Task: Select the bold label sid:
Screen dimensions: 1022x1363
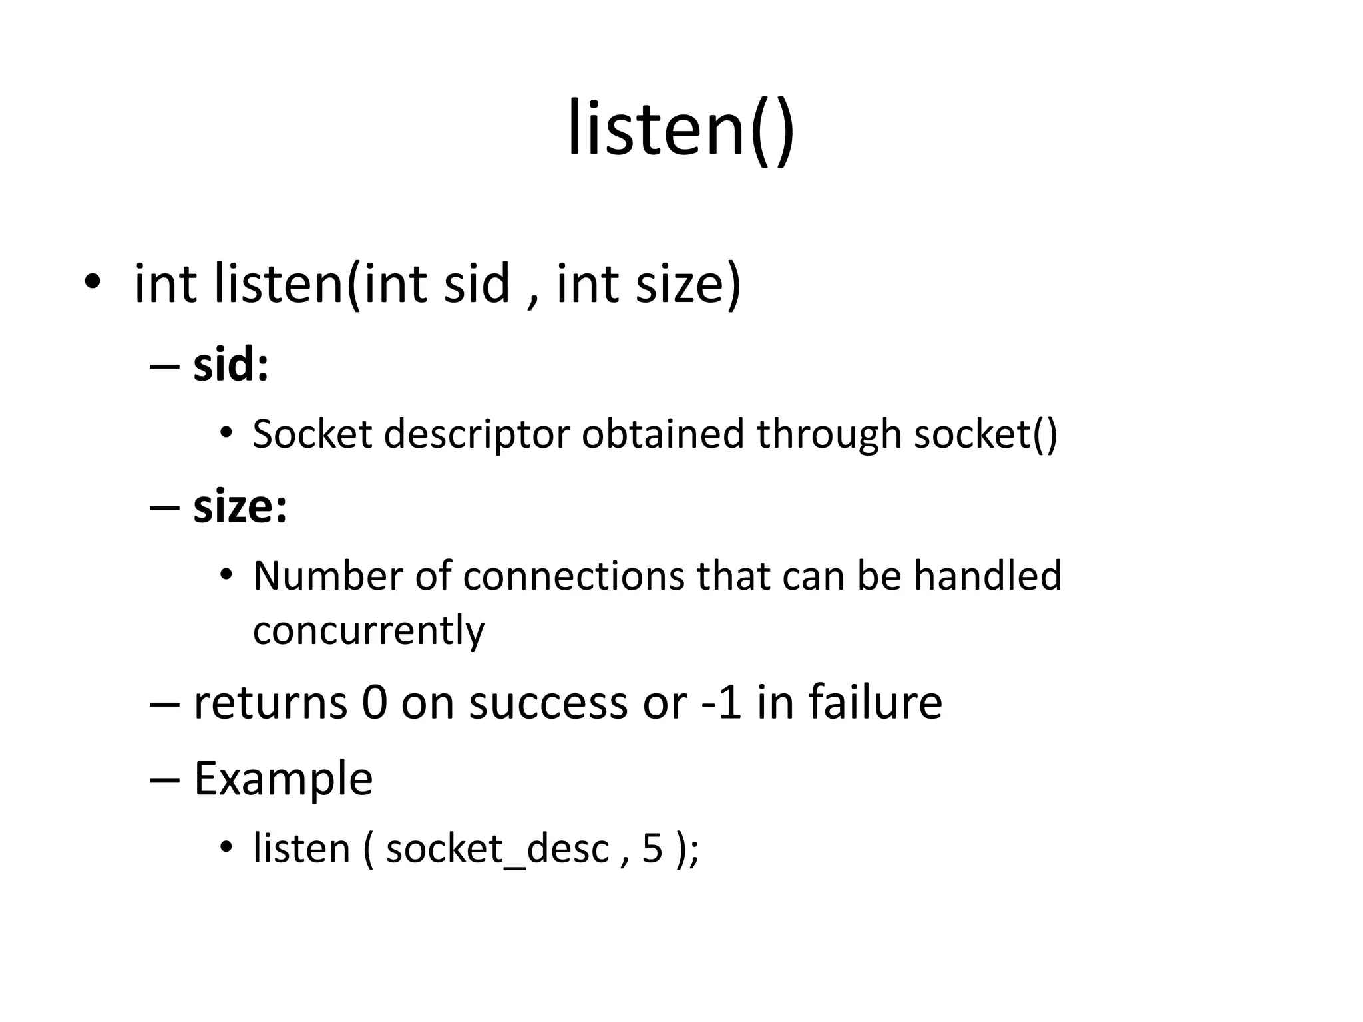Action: pos(230,365)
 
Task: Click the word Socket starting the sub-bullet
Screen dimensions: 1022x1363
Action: pos(312,434)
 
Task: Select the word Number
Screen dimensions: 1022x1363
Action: pos(327,576)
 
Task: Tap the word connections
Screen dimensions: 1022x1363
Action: pos(573,576)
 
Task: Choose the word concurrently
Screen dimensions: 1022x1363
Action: pos(369,630)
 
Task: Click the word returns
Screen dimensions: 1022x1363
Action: pos(270,703)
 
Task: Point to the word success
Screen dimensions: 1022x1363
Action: pos(548,703)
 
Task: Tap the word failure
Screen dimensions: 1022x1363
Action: pos(875,703)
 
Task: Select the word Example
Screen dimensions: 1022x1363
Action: pos(283,779)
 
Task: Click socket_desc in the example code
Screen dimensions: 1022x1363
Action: pos(497,850)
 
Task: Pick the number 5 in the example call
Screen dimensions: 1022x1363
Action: pos(652,850)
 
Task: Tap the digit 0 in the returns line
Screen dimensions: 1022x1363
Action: pos(375,703)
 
